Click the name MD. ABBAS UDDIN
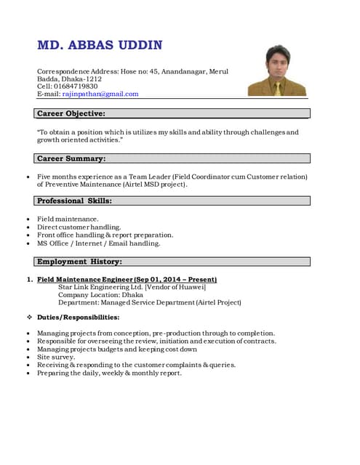click(x=100, y=46)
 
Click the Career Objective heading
click(x=71, y=113)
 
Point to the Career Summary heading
click(x=71, y=158)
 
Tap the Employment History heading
click(x=79, y=261)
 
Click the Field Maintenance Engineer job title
click(x=127, y=280)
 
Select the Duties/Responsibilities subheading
click(x=79, y=318)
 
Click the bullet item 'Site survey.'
click(x=56, y=357)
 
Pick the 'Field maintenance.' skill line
click(x=68, y=219)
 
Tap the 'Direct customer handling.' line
click(x=79, y=227)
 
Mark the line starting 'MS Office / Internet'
click(x=98, y=243)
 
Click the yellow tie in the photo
click(x=277, y=88)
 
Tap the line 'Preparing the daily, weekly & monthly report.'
click(x=109, y=373)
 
